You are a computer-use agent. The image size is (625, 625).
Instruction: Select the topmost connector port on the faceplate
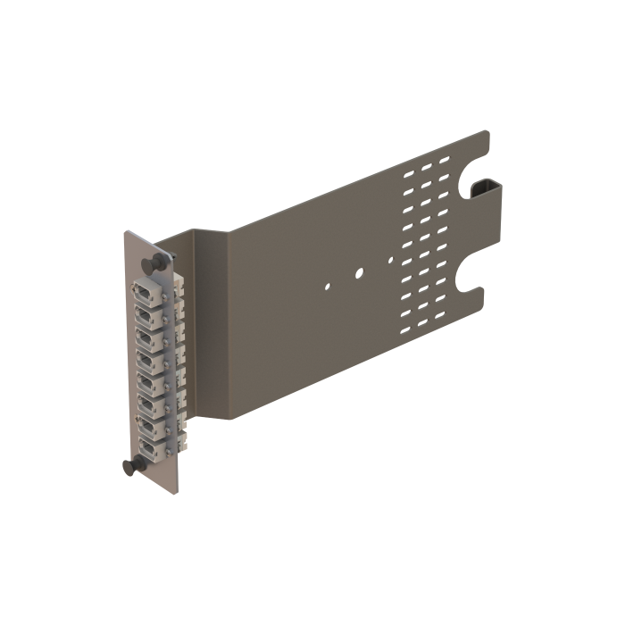(x=144, y=294)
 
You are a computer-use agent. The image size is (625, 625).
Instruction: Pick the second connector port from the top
(x=144, y=315)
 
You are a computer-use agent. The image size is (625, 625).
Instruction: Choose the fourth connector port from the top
(x=144, y=358)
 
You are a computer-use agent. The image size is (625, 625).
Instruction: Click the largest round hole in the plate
(x=357, y=273)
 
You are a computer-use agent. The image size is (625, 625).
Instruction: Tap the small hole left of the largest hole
(x=329, y=287)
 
